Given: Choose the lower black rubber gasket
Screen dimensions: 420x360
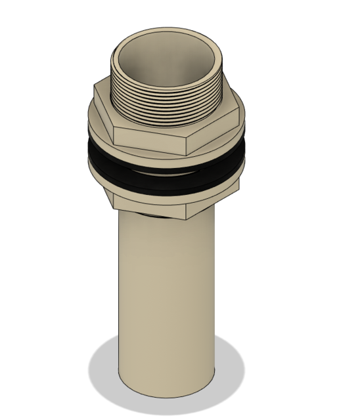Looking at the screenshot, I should point(164,186).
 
